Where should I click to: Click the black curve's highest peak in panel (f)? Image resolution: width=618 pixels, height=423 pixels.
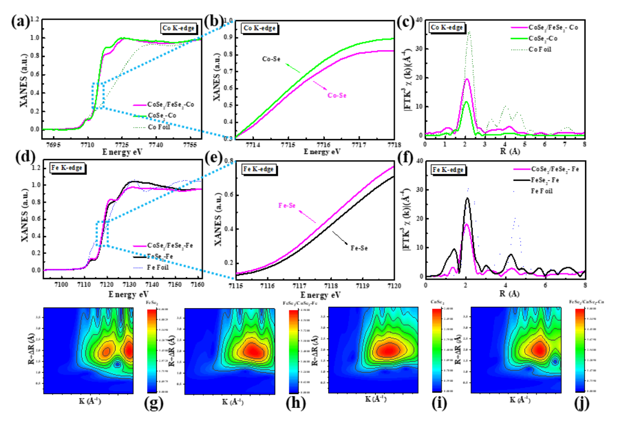[467, 198]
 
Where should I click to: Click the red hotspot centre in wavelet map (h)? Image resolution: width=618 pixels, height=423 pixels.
[253, 351]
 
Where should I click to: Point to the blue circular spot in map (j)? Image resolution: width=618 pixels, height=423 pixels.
[555, 362]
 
